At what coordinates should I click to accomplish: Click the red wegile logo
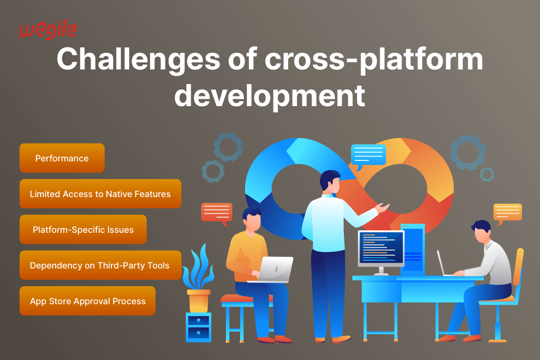click(x=48, y=30)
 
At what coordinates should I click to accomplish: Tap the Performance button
click(x=62, y=158)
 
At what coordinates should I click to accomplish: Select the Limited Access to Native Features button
click(x=100, y=194)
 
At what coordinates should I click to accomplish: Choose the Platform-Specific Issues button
click(x=83, y=229)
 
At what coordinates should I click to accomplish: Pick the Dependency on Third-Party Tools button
click(x=100, y=265)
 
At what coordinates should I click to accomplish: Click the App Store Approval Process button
click(x=88, y=301)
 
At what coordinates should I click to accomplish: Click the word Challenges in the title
click(x=138, y=60)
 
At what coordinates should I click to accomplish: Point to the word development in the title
click(x=270, y=95)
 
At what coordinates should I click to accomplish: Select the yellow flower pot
click(x=199, y=301)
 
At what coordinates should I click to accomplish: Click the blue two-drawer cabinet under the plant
click(x=199, y=327)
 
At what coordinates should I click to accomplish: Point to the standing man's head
click(x=330, y=181)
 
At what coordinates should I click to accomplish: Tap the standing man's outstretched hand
click(x=382, y=208)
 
